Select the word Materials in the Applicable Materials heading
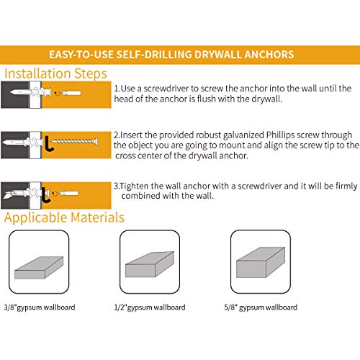click(x=98, y=217)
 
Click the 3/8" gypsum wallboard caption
click(x=40, y=307)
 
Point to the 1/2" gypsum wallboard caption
click(x=150, y=307)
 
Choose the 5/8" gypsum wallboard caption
click(x=261, y=307)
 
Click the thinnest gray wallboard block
click(x=39, y=268)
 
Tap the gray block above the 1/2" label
click(x=150, y=264)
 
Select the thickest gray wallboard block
click(x=261, y=262)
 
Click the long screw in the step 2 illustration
click(x=75, y=141)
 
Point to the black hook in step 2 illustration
click(x=49, y=144)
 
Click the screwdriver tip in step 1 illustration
click(x=71, y=93)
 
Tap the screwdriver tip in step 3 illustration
click(x=69, y=193)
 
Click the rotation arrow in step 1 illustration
click(x=57, y=93)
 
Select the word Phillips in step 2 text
click(x=280, y=135)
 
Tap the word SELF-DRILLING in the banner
click(x=154, y=55)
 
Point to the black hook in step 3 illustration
click(x=45, y=195)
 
